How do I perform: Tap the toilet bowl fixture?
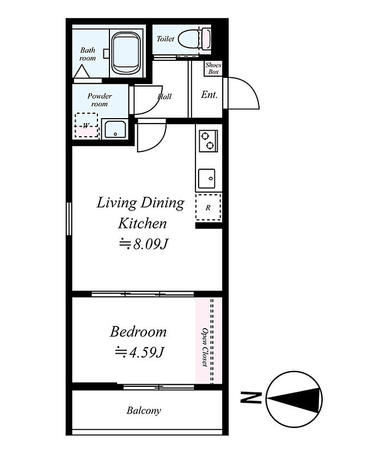click(194, 39)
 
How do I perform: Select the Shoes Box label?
click(213, 69)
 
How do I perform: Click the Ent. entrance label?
click(209, 95)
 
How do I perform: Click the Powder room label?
click(100, 100)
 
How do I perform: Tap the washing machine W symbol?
click(86, 126)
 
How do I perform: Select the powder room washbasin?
click(115, 130)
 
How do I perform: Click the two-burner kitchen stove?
click(208, 141)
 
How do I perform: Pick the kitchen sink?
click(207, 178)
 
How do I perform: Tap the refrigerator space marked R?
click(208, 208)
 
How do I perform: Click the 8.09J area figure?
click(144, 244)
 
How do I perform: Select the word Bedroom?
click(138, 332)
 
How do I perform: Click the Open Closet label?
click(205, 347)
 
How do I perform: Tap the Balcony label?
click(144, 411)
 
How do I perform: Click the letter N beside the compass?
click(251, 398)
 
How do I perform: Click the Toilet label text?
click(165, 39)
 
